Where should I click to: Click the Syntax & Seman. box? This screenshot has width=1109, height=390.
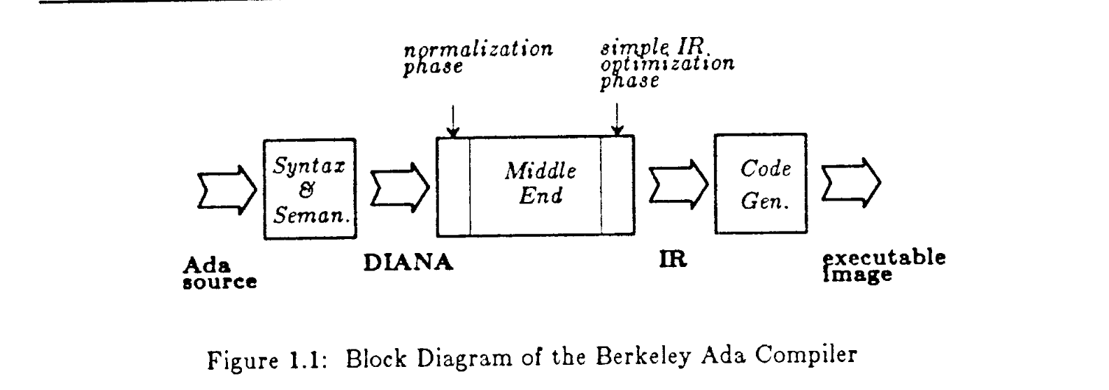[309, 189]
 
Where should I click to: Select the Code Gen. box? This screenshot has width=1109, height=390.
[759, 185]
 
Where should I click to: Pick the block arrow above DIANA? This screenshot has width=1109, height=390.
[399, 187]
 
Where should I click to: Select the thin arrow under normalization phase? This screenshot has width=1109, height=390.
[453, 120]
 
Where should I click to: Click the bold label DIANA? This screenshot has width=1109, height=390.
[408, 263]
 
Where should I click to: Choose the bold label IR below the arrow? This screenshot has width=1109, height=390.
[673, 259]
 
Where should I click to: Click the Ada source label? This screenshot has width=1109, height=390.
[218, 274]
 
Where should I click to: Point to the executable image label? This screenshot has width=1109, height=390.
[884, 266]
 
